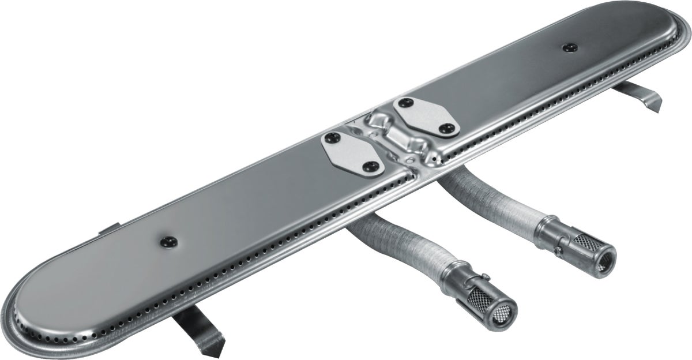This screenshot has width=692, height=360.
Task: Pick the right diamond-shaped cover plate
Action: [x=426, y=117]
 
